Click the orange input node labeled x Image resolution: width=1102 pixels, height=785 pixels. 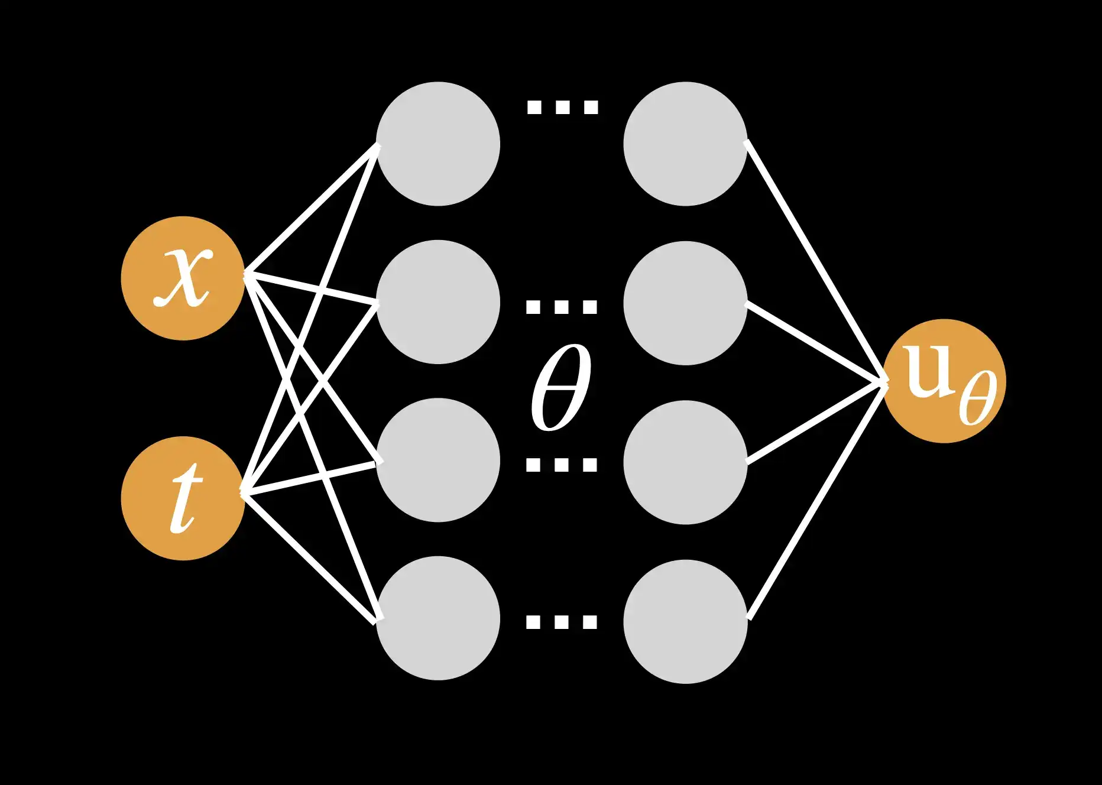pyautogui.click(x=183, y=278)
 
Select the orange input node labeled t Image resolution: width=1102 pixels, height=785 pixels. pyautogui.click(x=183, y=498)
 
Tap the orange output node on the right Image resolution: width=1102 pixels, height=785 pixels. pyautogui.click(x=944, y=381)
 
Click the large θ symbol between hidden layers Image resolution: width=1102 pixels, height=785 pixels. pyautogui.click(x=560, y=387)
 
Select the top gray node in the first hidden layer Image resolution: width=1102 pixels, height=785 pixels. pyautogui.click(x=438, y=144)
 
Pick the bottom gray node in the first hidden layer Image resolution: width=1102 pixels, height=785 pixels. pyautogui.click(x=438, y=618)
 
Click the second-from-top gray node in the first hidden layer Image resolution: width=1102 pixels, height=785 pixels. pyautogui.click(x=438, y=301)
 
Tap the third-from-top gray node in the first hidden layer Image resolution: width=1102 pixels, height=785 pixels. pyautogui.click(x=438, y=460)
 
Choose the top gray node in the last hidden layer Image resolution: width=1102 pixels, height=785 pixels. pyautogui.click(x=685, y=144)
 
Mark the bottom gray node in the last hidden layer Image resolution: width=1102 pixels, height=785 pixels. pyautogui.click(x=685, y=621)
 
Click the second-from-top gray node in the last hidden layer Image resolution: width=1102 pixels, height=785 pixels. pyautogui.click(x=685, y=303)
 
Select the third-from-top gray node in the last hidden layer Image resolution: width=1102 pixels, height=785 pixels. pyautogui.click(x=685, y=462)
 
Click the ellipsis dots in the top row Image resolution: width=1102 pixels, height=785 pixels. pyautogui.click(x=562, y=107)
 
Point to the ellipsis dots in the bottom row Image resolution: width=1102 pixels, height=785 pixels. pyautogui.click(x=562, y=622)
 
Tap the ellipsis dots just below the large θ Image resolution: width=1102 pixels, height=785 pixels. pyautogui.click(x=562, y=465)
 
